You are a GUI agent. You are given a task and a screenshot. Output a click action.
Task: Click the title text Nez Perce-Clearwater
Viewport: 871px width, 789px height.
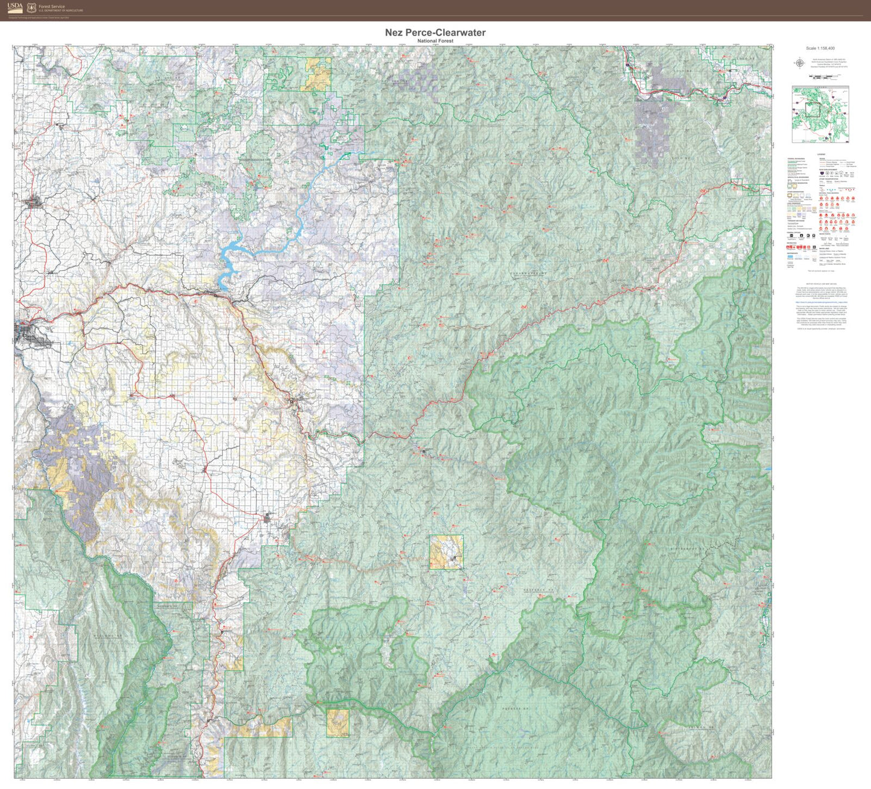(x=435, y=33)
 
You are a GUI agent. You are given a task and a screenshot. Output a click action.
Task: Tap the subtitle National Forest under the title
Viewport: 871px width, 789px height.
(x=435, y=41)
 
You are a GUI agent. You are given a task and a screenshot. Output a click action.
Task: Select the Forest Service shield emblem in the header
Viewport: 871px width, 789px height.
(x=31, y=8)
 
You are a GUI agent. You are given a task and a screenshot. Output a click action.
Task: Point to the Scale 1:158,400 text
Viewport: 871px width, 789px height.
(x=820, y=48)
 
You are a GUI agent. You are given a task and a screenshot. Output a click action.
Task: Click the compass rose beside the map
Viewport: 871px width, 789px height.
(x=800, y=62)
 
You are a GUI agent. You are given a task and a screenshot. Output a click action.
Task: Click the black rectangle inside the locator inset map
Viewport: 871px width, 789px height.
(x=813, y=109)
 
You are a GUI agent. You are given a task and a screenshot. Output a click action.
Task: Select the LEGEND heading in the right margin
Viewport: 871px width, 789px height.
(x=821, y=155)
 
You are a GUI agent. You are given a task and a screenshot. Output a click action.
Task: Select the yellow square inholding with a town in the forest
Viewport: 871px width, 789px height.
(x=446, y=552)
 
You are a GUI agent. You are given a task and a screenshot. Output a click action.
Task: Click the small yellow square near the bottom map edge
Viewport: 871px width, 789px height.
(x=338, y=722)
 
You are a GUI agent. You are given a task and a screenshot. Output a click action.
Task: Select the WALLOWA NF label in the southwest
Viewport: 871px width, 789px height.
(x=108, y=635)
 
